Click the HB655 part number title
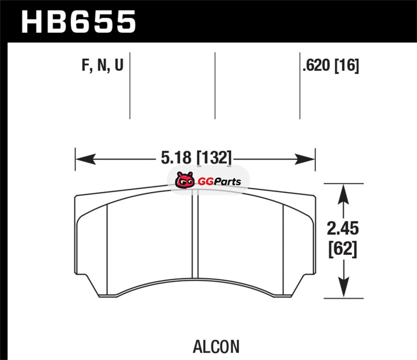79,21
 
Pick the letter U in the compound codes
119,65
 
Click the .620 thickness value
316,65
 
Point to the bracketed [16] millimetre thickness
347,66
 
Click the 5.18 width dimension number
176,158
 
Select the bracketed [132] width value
214,158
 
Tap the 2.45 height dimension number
343,229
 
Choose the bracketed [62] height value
342,250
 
